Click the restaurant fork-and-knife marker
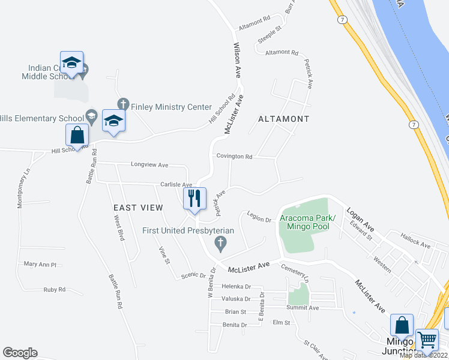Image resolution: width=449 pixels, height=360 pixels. tap(194, 199)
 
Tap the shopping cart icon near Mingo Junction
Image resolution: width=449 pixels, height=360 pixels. tap(427, 340)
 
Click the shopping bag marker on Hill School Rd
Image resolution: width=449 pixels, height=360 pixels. tap(77, 135)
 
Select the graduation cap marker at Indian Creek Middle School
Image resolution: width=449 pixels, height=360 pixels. tap(71, 62)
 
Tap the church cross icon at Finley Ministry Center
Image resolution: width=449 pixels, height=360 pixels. tap(123, 104)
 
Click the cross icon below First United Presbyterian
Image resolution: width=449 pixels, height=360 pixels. tap(220, 243)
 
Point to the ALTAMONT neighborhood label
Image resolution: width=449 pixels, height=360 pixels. tap(283, 119)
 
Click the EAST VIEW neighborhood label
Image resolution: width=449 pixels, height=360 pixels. tap(138, 208)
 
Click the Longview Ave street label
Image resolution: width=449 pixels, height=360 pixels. tap(149, 164)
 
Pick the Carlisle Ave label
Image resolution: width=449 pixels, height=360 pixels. tap(175, 185)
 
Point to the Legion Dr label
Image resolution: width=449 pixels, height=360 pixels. tap(259, 220)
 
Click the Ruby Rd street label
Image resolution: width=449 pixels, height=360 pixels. tap(54, 289)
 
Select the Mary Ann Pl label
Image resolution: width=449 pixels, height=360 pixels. tap(40, 264)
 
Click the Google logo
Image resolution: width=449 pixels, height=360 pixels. tap(20, 353)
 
